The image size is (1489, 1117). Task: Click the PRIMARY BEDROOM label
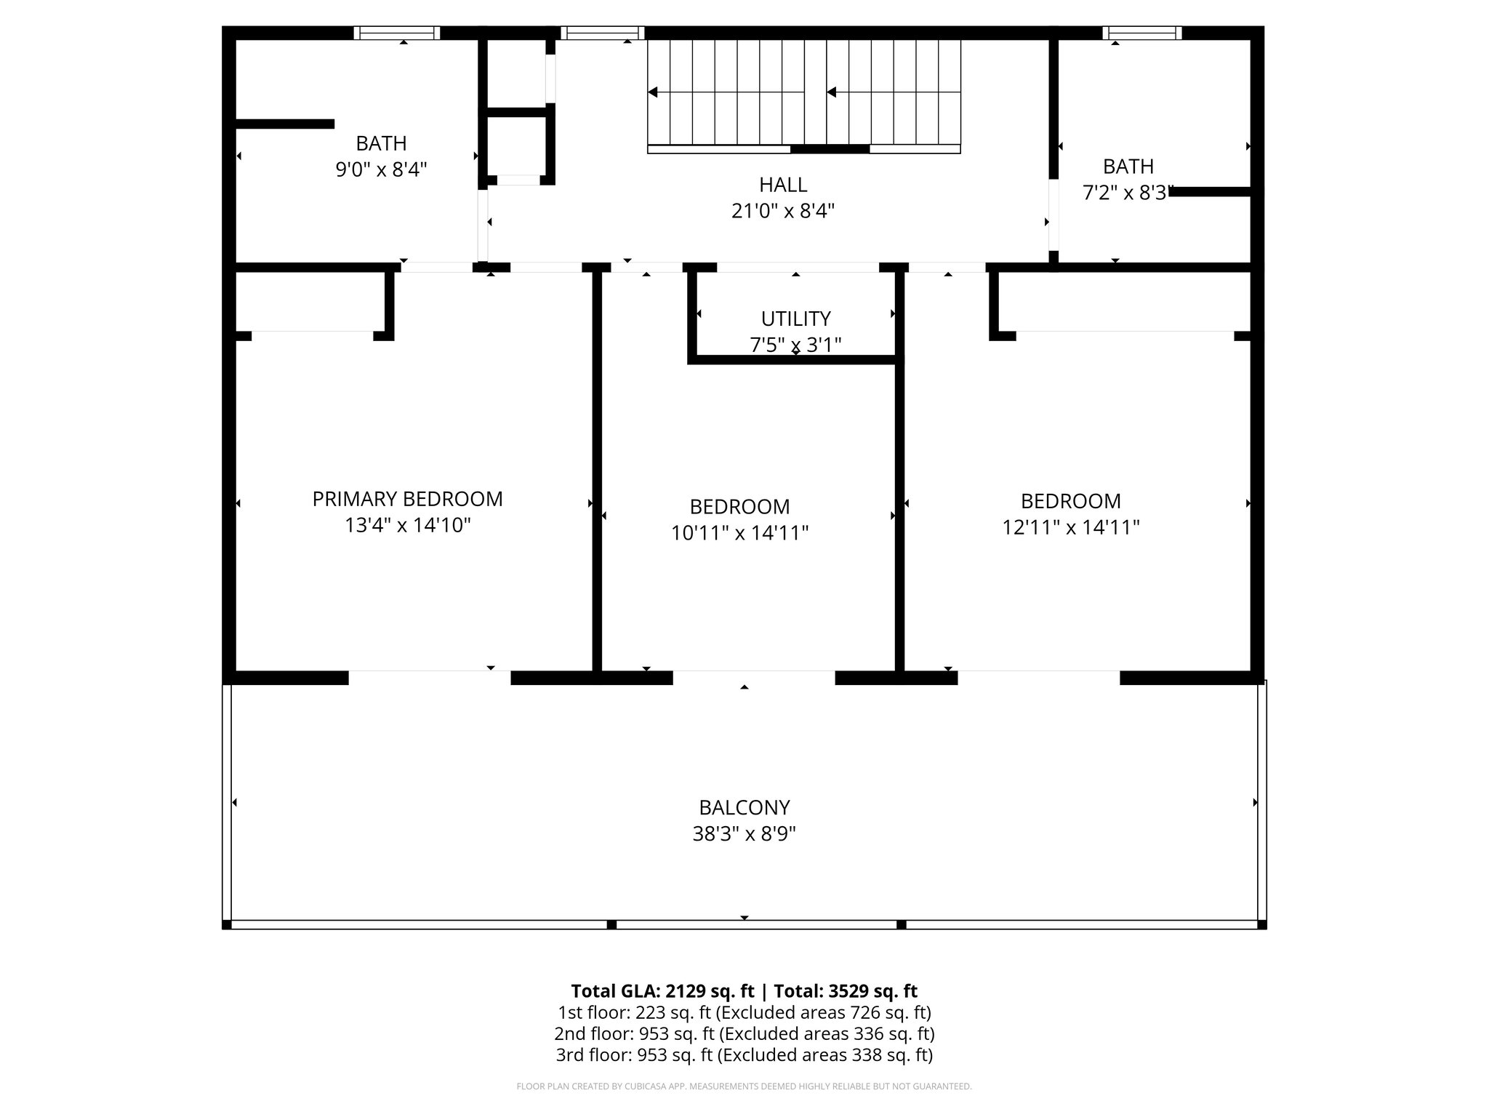pos(407,499)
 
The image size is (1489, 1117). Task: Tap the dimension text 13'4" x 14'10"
pos(407,525)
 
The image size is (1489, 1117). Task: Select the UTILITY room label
pos(795,319)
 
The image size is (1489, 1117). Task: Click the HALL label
pos(783,185)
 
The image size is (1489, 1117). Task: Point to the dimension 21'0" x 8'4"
pos(783,211)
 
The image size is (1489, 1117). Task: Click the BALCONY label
pos(744,807)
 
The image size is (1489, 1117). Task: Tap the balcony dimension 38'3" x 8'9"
pos(744,833)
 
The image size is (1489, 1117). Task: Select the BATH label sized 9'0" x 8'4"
pos(381,143)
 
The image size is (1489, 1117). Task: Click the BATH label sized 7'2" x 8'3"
pos(1128,167)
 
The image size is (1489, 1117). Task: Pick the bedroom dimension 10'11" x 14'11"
pos(739,533)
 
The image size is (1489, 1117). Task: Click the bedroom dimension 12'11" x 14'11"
pos(1070,527)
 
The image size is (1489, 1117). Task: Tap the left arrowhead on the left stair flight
pos(653,92)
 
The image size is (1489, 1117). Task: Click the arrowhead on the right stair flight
pos(832,92)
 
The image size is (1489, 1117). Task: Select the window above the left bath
pos(397,33)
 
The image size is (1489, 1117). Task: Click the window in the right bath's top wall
pos(1141,33)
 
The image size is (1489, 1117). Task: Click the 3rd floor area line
pos(744,1054)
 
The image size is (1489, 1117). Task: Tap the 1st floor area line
pos(744,1012)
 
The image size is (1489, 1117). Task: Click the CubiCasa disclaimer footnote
pos(744,1086)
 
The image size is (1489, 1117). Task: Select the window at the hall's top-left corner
pos(603,33)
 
